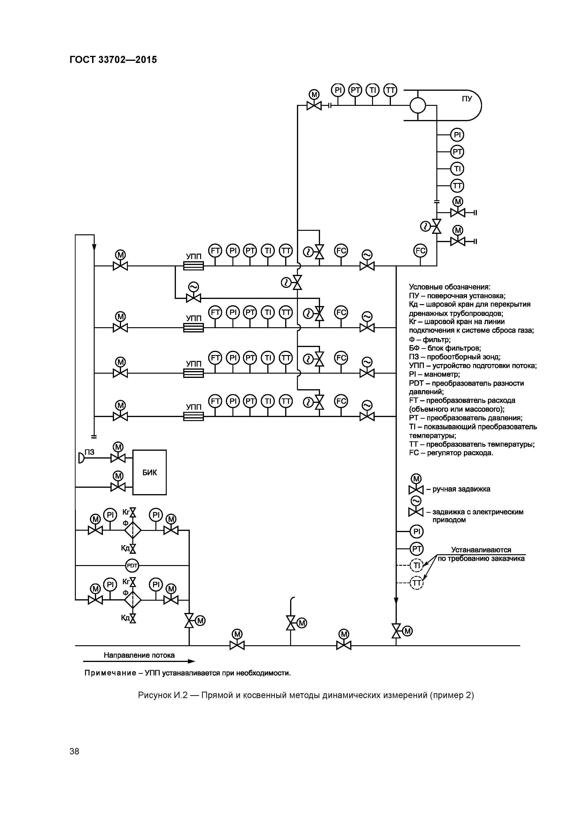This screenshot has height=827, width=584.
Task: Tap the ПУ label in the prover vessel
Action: [467, 98]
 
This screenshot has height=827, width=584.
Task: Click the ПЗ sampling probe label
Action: [89, 452]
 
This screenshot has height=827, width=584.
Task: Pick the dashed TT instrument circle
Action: [417, 583]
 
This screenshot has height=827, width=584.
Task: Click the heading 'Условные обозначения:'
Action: [450, 287]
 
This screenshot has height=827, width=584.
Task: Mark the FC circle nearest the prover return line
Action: [420, 251]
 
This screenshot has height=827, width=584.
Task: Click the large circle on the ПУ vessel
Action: [418, 106]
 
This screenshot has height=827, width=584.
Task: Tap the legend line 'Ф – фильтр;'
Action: [430, 339]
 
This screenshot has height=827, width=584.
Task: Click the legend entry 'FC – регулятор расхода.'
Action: [451, 453]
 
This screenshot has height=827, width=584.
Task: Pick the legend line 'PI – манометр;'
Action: [434, 374]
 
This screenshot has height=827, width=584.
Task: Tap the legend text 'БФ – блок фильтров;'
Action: [445, 348]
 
